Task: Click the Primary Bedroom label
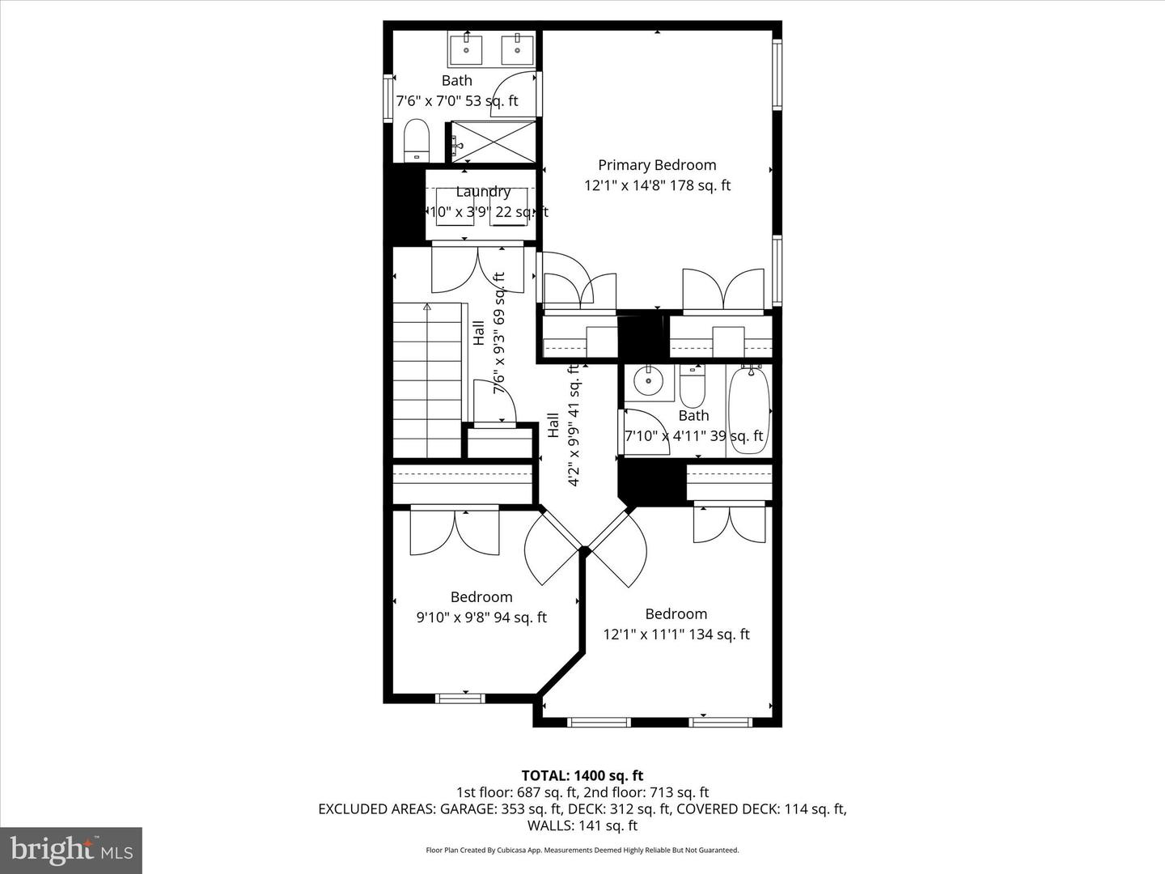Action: click(657, 165)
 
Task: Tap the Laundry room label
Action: click(483, 192)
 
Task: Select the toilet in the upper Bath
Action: click(416, 141)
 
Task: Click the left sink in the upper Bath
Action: click(467, 49)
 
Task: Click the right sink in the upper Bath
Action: click(517, 49)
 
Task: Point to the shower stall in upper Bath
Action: click(494, 141)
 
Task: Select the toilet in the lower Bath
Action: click(692, 387)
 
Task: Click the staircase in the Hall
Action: click(427, 380)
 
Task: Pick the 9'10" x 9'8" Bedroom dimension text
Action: click(481, 617)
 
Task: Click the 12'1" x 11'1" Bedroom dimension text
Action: click(676, 634)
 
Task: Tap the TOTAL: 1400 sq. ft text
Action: click(582, 776)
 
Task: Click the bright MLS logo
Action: click(71, 850)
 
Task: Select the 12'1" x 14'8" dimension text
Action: click(657, 185)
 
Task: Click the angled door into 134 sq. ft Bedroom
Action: click(620, 545)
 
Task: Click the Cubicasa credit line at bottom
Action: click(582, 850)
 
